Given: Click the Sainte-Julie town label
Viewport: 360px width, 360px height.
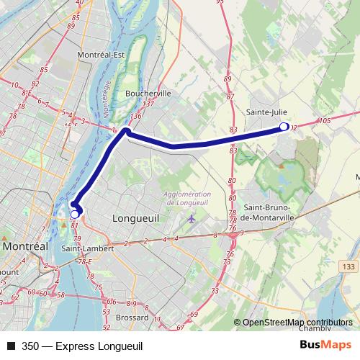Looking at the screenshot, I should click(x=266, y=112).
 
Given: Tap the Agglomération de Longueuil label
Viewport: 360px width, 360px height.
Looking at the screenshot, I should click(x=188, y=198).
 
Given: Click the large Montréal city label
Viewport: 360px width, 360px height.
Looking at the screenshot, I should click(x=25, y=246).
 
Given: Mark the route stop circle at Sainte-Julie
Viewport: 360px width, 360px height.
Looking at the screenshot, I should click(x=284, y=127).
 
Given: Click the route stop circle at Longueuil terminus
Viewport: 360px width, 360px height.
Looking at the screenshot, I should click(x=74, y=213).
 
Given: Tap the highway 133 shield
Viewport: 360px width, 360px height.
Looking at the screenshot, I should click(x=348, y=268).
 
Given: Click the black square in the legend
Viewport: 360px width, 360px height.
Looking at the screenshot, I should click(x=11, y=346).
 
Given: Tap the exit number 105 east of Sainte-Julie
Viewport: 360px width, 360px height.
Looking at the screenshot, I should click(x=323, y=120).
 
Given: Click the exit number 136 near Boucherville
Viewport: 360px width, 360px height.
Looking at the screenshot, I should click(x=136, y=117).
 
